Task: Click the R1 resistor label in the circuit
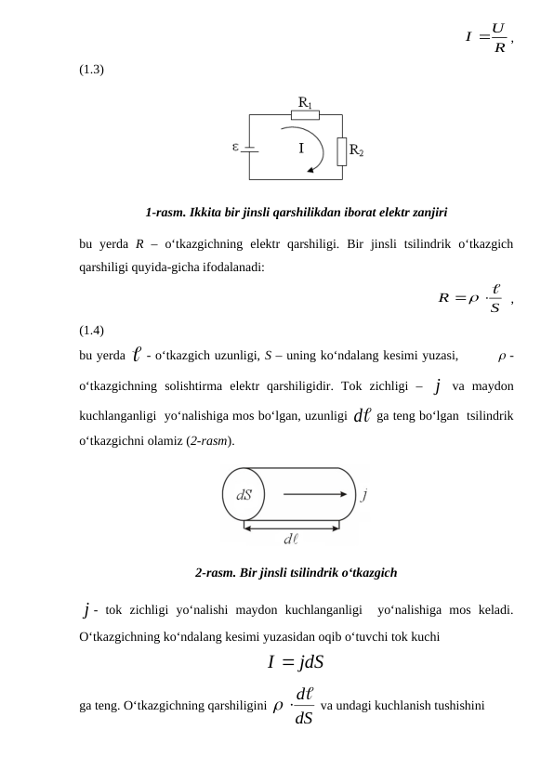[305, 102]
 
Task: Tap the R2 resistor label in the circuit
[357, 150]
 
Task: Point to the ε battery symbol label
[236, 146]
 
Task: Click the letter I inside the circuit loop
[301, 149]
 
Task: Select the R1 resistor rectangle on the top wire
[305, 115]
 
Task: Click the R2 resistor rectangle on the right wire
[342, 150]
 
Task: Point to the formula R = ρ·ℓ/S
[475, 298]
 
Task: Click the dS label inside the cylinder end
[244, 495]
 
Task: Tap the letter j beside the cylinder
[363, 494]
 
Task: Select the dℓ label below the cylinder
[291, 537]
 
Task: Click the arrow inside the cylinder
[315, 495]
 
